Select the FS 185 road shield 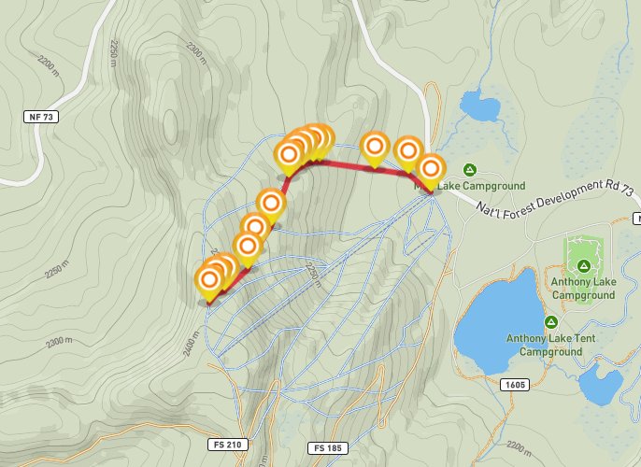(x=326, y=448)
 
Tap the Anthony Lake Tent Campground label (x=544, y=345)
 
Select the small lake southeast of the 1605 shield (x=600, y=385)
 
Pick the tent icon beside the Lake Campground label (x=470, y=169)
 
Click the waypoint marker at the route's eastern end (x=431, y=169)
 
